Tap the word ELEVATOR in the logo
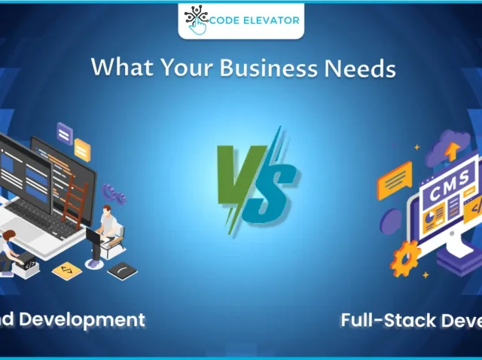pos(269,20)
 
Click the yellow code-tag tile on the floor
pos(67,268)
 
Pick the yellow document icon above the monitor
pos(82,148)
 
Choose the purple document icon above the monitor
pos(65,134)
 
